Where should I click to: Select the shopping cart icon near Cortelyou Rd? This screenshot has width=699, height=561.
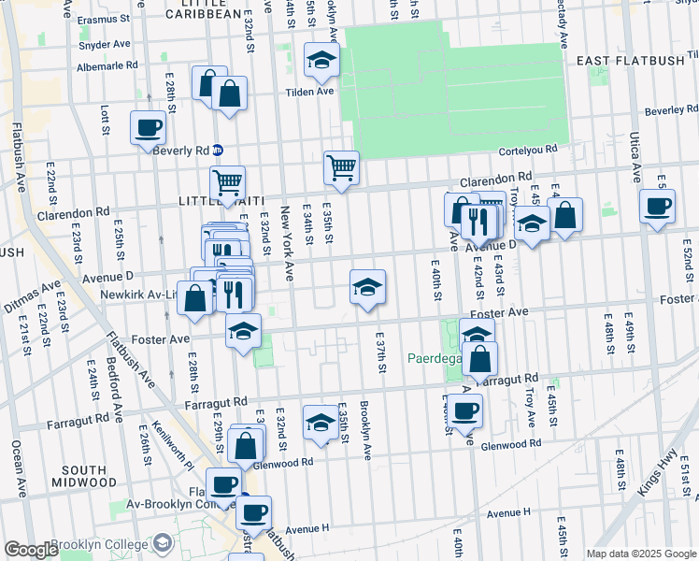tap(341, 168)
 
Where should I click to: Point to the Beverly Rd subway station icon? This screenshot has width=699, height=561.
tap(218, 150)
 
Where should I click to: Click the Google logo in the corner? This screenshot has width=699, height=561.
tap(31, 550)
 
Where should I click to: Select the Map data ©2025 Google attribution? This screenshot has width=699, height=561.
tap(640, 554)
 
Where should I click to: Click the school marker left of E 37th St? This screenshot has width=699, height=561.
tap(368, 286)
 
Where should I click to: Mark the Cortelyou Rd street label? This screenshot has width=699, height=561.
tap(529, 148)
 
